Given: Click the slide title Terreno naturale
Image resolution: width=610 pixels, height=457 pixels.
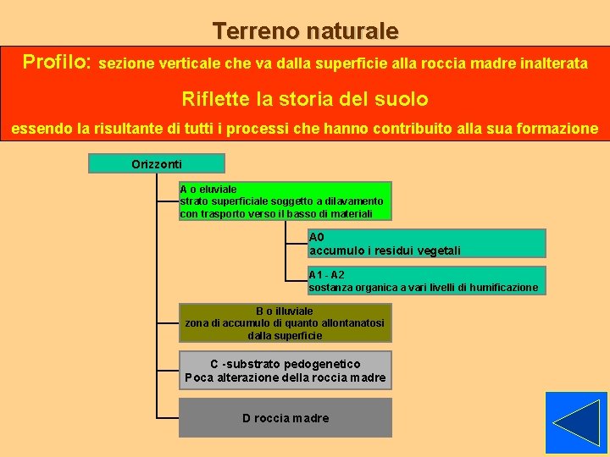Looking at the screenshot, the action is click(305, 31).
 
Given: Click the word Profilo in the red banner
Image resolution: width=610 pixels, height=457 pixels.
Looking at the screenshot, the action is click(56, 62).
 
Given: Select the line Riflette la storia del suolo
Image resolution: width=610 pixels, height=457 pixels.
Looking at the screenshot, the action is click(305, 99).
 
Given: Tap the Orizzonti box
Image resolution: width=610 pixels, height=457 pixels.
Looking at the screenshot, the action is click(157, 163).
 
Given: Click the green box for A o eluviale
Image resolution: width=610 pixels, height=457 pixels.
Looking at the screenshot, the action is click(285, 201).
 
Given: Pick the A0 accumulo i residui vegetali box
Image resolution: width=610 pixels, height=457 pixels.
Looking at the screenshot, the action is click(426, 244).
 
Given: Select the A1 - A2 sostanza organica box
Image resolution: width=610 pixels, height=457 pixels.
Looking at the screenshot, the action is click(426, 281).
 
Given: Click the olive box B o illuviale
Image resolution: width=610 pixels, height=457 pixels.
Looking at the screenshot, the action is click(285, 323).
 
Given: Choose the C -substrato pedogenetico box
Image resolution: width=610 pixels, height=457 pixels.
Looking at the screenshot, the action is click(285, 371).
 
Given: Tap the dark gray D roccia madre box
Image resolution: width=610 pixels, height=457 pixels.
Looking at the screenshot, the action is click(285, 418).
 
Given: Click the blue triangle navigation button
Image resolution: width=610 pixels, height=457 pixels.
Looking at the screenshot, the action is click(576, 422).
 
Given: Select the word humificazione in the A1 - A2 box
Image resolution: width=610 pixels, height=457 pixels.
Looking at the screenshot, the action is click(503, 288).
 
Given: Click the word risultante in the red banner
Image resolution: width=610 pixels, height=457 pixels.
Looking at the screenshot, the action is click(126, 129).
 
